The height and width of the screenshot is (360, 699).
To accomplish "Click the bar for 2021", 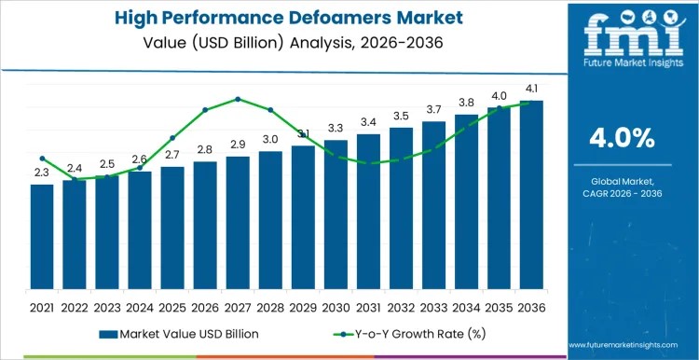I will coord(42,237).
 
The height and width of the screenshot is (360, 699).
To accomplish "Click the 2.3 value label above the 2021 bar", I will coord(42,173).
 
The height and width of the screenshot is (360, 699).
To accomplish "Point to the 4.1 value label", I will coord(531,90).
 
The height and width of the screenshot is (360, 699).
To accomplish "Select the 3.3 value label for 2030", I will coord(336,128).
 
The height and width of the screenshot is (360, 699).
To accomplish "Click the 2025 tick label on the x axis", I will coord(172,306).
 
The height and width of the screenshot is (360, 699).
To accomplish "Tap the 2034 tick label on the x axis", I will coord(466,306).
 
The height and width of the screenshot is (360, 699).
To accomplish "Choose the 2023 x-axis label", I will coord(107,306).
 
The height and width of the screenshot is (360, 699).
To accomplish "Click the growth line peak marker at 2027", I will coord(238,99).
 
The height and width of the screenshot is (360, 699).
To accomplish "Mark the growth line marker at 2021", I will coord(42,159).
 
